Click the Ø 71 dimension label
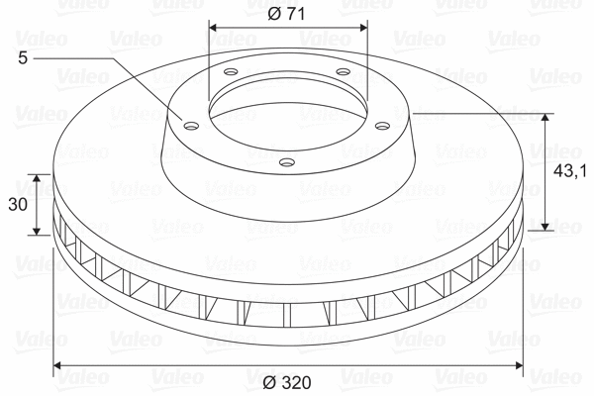[288, 14]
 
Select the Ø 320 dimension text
[288, 381]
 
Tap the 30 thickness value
[16, 205]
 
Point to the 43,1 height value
[570, 171]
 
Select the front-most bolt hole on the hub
[287, 160]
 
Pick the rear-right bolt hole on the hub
[343, 72]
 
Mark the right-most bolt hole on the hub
[383, 124]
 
